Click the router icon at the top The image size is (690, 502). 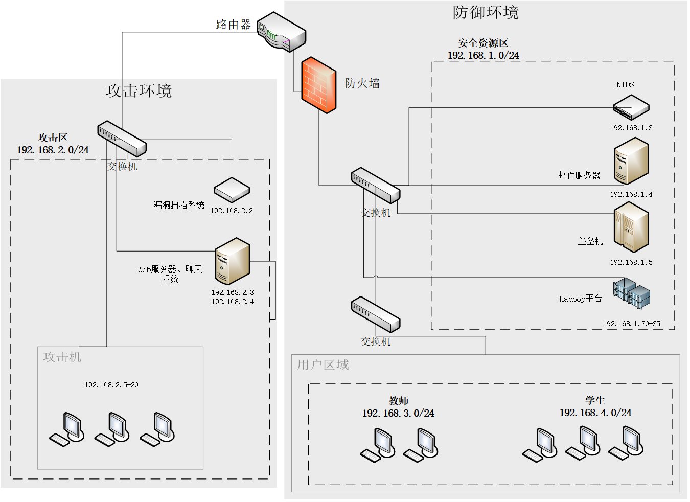click(281, 32)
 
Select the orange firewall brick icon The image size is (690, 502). click(318, 85)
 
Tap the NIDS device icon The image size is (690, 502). click(631, 107)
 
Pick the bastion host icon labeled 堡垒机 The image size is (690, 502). click(631, 227)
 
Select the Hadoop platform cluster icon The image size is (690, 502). click(632, 293)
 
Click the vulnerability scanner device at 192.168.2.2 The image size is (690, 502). click(232, 190)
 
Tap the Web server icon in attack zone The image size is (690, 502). click(232, 261)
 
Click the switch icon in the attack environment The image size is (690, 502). click(122, 139)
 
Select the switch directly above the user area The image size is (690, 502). click(376, 314)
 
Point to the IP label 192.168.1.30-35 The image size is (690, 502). click(631, 324)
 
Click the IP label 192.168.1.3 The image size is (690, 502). click(631, 128)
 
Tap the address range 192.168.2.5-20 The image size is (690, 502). click(111, 385)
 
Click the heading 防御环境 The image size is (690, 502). click(486, 12)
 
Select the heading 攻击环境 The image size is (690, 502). click(139, 91)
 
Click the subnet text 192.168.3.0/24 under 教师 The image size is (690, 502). click(398, 413)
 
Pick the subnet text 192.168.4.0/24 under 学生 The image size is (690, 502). click(595, 413)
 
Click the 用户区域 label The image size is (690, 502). click(323, 365)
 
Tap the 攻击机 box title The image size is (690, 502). click(62, 357)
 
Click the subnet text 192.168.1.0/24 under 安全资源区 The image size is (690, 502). click(484, 55)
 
